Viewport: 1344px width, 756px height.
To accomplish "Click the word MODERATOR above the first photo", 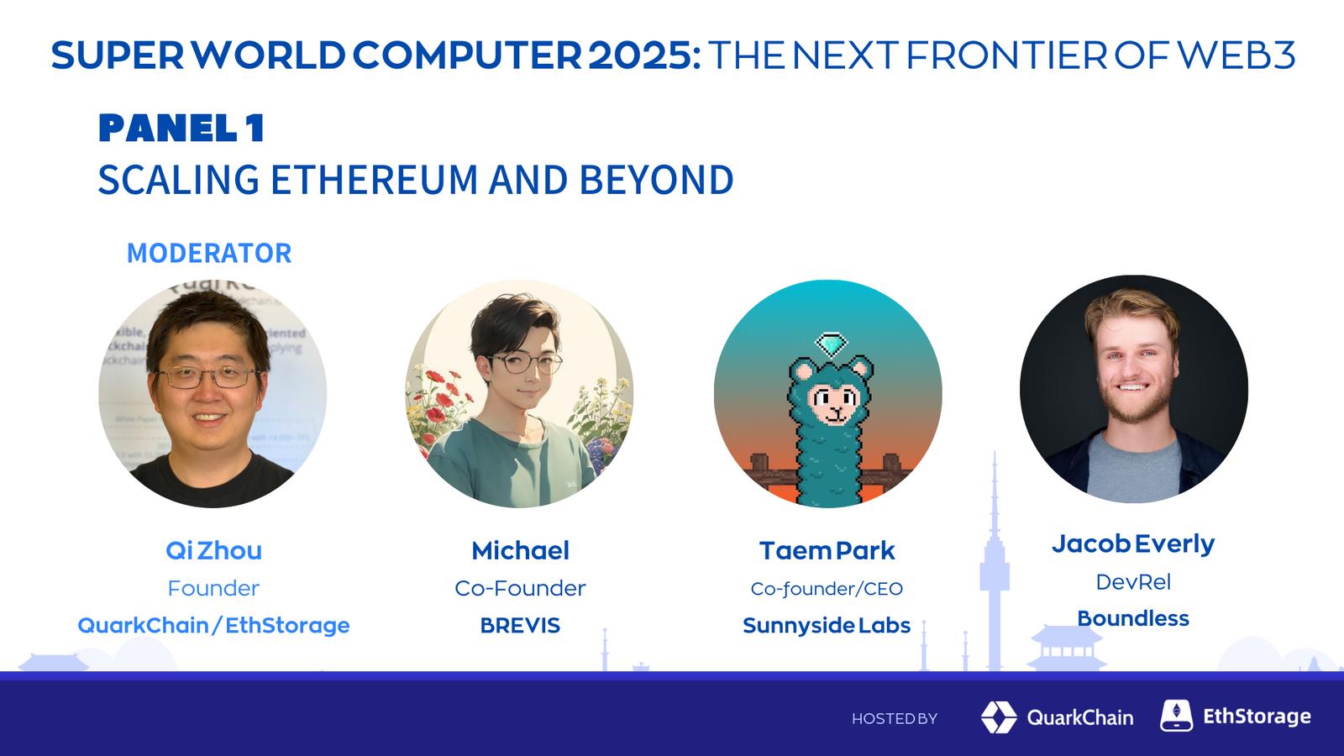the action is [x=209, y=253].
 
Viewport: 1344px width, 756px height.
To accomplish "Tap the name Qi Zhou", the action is [x=213, y=550].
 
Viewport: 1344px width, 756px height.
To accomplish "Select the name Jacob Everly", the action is [x=1133, y=544].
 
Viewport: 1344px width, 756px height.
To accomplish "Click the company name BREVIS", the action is [x=520, y=625].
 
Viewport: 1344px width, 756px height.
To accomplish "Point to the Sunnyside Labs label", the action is [x=827, y=625].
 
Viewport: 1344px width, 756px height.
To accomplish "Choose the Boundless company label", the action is [x=1133, y=618].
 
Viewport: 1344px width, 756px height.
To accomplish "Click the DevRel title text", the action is [x=1133, y=582].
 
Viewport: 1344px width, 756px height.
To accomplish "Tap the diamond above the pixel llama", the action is [x=831, y=344].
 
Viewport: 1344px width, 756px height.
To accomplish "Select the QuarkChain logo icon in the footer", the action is [x=999, y=717].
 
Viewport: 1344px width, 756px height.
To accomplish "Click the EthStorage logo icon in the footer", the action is [x=1176, y=715].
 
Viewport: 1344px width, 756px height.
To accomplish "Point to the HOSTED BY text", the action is [x=894, y=718].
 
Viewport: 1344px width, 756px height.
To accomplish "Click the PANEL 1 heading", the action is [x=181, y=128].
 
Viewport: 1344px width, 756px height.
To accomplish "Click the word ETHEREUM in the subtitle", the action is [x=374, y=180].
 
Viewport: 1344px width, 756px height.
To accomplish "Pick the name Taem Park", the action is [x=827, y=550].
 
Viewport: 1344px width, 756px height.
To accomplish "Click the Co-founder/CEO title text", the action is [x=827, y=589].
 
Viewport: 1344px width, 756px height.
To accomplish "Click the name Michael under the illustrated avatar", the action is [x=520, y=550].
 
